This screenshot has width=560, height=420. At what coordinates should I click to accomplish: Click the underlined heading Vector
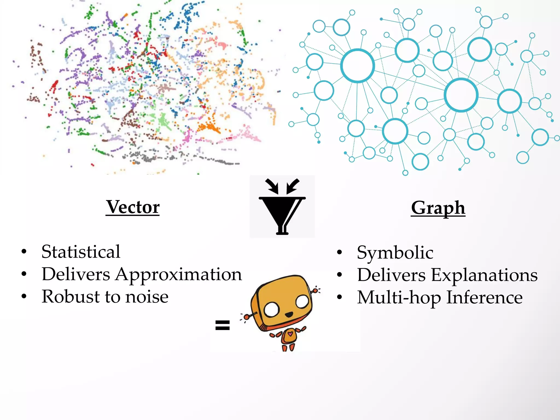133,207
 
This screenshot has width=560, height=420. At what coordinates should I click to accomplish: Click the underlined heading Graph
438,208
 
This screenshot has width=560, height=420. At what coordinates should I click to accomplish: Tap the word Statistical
81,252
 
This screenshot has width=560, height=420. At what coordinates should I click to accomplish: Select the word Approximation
179,274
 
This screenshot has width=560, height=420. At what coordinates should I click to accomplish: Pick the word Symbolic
395,252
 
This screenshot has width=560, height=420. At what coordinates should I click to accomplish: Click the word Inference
484,297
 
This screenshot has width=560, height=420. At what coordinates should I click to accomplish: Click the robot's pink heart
290,334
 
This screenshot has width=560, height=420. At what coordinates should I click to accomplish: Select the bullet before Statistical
24,252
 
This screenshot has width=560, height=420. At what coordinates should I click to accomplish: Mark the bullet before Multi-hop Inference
339,297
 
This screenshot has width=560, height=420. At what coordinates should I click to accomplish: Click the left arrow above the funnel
272,186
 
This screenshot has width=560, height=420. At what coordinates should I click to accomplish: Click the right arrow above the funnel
293,186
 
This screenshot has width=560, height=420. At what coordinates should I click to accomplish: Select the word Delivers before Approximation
76,274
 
